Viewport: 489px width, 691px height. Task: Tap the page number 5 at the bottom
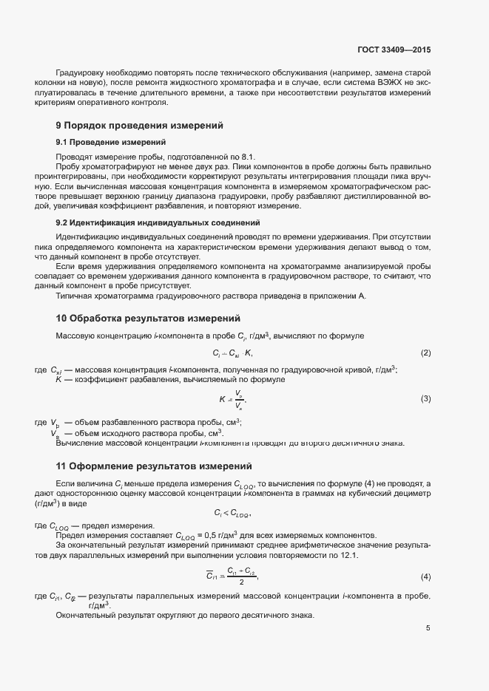[x=428, y=628]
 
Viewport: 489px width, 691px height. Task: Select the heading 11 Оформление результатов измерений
[x=154, y=466]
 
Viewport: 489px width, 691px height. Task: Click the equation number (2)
[x=425, y=353]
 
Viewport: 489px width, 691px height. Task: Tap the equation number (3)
[x=425, y=398]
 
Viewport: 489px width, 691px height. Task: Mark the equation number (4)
[x=425, y=576]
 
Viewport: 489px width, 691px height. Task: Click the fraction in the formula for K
[x=239, y=399]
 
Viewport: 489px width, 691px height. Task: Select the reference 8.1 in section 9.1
[x=246, y=157]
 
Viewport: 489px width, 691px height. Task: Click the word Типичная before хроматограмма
[x=74, y=296]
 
